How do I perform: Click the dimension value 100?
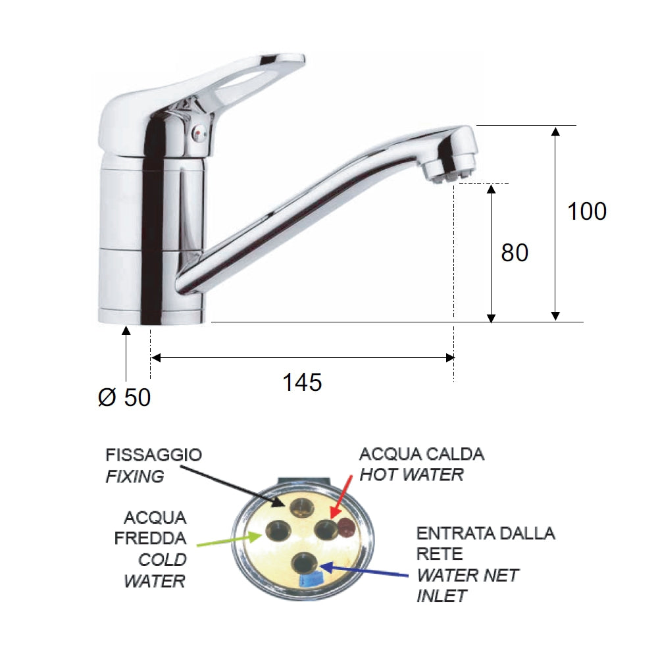coord(587,211)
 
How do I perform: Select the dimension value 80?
coord(515,253)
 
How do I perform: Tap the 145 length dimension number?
coord(302,382)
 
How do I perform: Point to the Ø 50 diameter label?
coord(124,397)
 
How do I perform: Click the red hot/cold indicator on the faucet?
coord(200,134)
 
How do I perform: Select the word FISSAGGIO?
coord(153,455)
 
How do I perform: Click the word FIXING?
coord(134,476)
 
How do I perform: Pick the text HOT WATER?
coord(411,474)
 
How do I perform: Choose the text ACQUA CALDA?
coord(422,454)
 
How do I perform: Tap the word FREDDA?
coord(151,538)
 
